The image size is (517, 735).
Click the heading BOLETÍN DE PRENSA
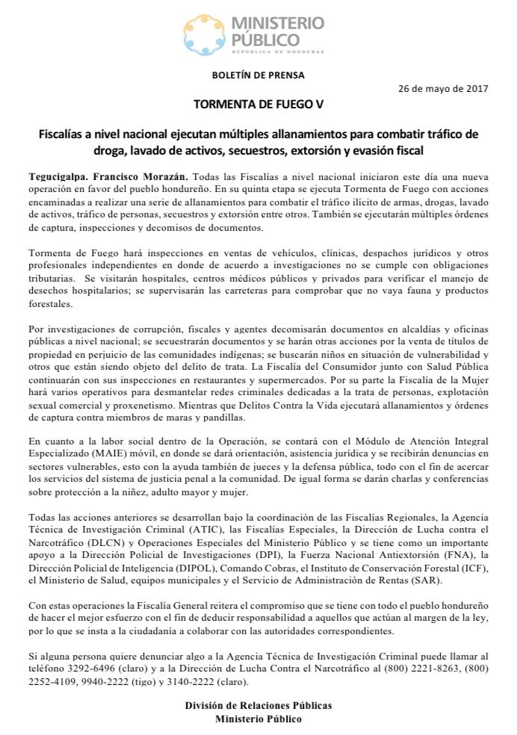pyautogui.click(x=258, y=75)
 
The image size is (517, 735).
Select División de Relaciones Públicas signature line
pyautogui.click(x=258, y=704)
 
